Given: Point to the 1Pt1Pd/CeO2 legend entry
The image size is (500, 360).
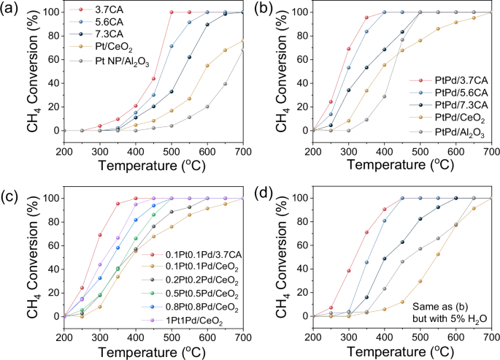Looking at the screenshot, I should click(x=175, y=321).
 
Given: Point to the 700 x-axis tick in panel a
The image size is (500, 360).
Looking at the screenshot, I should click(x=242, y=150).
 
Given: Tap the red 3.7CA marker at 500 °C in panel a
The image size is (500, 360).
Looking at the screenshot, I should click(x=171, y=12).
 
